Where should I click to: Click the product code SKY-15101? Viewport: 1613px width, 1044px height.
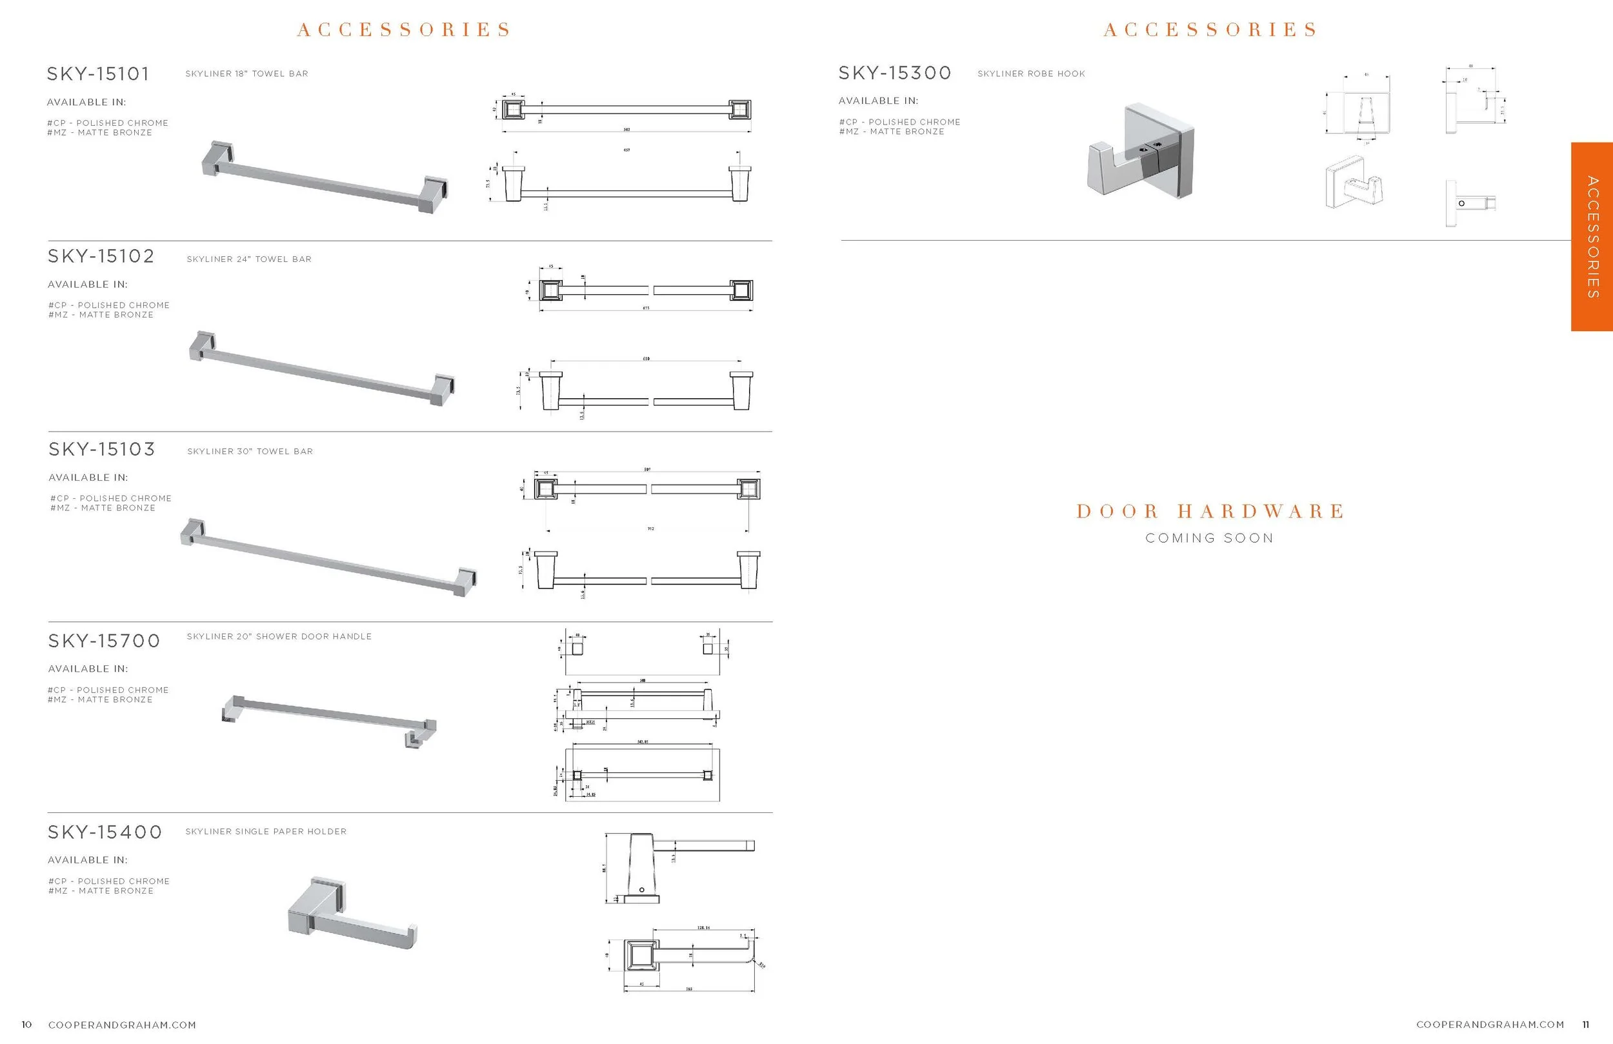point(98,74)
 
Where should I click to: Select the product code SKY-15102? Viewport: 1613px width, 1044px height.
point(101,256)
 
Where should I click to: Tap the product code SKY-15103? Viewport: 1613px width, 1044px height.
point(102,450)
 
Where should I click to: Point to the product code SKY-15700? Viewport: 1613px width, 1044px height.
point(104,641)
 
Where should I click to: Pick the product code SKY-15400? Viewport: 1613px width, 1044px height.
point(105,832)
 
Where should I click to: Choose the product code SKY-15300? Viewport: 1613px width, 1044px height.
point(895,73)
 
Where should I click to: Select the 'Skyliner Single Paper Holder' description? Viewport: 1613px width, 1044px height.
point(266,832)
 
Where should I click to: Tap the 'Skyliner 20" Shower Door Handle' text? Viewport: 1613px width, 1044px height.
point(279,637)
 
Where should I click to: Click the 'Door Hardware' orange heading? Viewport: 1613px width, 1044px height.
point(1210,511)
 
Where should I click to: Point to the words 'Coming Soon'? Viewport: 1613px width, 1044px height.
point(1210,538)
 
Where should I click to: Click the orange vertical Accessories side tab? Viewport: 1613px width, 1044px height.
point(1592,237)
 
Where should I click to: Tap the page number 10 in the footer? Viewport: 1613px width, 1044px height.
point(26,1025)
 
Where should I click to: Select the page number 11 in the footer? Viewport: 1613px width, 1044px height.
point(1586,1025)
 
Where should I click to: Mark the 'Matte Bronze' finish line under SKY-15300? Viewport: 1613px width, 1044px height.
point(891,132)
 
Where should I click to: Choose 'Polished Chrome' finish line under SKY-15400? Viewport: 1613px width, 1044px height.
point(109,881)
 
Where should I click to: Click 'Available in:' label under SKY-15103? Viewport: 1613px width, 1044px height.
point(88,478)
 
